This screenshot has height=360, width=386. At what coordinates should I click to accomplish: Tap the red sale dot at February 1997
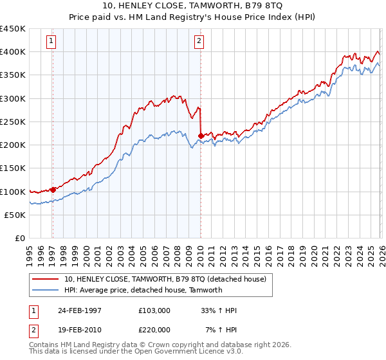pyautogui.click(x=53, y=190)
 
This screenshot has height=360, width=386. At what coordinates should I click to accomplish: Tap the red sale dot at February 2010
pyautogui.click(x=201, y=136)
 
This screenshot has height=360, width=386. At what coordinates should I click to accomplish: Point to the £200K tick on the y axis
pyautogui.click(x=13, y=145)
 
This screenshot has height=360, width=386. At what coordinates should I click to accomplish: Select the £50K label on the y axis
pyautogui.click(x=15, y=215)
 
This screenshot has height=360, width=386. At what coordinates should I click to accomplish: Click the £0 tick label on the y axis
pyautogui.click(x=21, y=238)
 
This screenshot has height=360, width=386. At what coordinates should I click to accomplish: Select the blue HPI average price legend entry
pyautogui.click(x=143, y=290)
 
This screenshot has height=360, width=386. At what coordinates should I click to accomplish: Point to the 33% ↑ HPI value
pyautogui.click(x=219, y=310)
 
